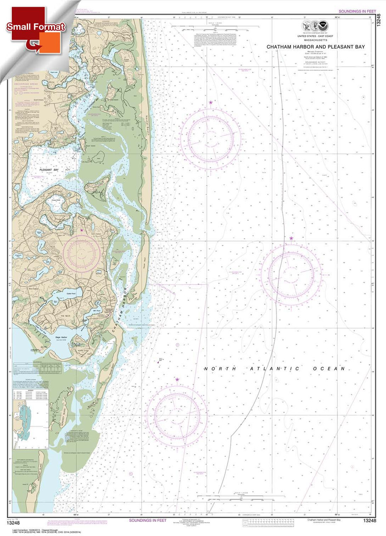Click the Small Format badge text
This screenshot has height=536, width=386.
[x=36, y=27]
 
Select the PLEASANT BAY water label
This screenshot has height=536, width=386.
[x=49, y=170]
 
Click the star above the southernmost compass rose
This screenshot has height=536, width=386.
[x=177, y=380]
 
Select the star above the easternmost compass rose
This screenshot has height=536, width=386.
[x=291, y=238]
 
